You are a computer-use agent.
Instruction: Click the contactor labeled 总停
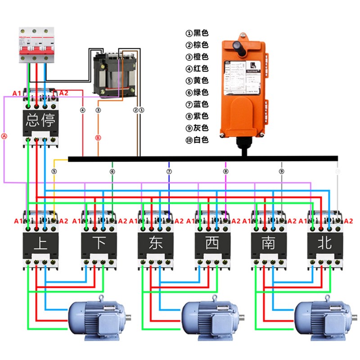pyautogui.click(x=41, y=120)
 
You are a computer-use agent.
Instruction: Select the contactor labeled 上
pyautogui.click(x=41, y=243)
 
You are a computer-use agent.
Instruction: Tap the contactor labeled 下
pyautogui.click(x=99, y=243)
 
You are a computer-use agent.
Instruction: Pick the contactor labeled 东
pyautogui.click(x=156, y=243)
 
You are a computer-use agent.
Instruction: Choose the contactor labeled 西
pyautogui.click(x=212, y=243)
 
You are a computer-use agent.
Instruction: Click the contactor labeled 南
pyautogui.click(x=269, y=243)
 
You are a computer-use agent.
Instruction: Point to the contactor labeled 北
pyautogui.click(x=325, y=243)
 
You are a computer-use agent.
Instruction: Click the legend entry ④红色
pyautogui.click(x=197, y=69)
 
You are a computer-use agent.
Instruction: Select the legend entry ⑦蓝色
pyautogui.click(x=197, y=104)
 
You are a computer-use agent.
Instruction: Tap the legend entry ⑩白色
pyautogui.click(x=197, y=140)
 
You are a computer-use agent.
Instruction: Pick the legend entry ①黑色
pyautogui.click(x=197, y=33)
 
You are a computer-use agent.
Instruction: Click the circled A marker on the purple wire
pyautogui.click(x=4, y=135)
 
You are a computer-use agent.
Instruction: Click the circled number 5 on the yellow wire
pyautogui.click(x=54, y=171)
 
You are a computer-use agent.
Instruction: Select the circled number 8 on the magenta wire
pyautogui.click(x=226, y=171)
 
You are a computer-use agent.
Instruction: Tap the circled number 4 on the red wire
pyautogui.click(x=83, y=109)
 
